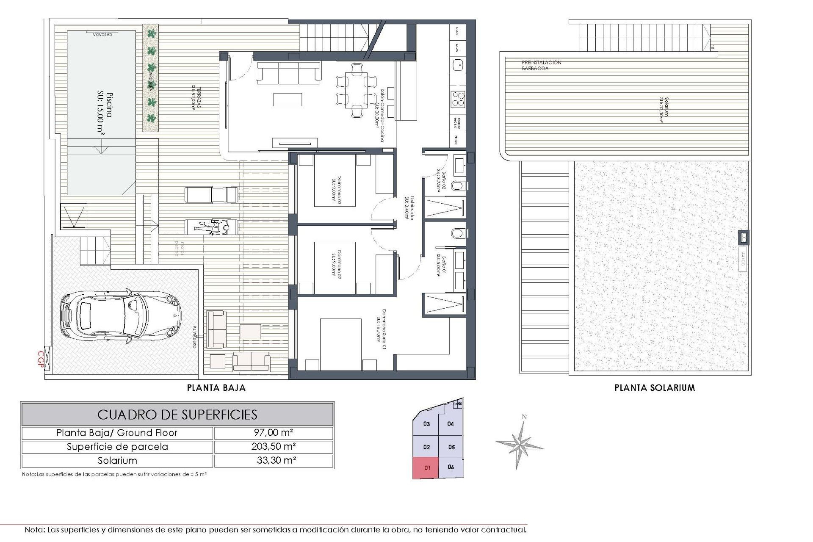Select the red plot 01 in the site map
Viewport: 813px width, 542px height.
click(427, 468)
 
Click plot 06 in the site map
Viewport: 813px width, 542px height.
click(451, 467)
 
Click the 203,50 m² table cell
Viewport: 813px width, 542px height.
click(274, 447)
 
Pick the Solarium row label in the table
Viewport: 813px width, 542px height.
click(117, 461)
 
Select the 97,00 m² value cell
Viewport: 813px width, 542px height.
click(274, 433)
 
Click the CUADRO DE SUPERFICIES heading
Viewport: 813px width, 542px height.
click(177, 414)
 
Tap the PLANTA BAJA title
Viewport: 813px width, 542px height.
click(216, 387)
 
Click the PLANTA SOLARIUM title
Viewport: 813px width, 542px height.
click(654, 387)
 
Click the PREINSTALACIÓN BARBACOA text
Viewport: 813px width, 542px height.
click(541, 65)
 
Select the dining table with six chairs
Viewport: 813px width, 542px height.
click(356, 90)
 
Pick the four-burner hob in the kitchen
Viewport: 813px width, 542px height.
click(457, 99)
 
